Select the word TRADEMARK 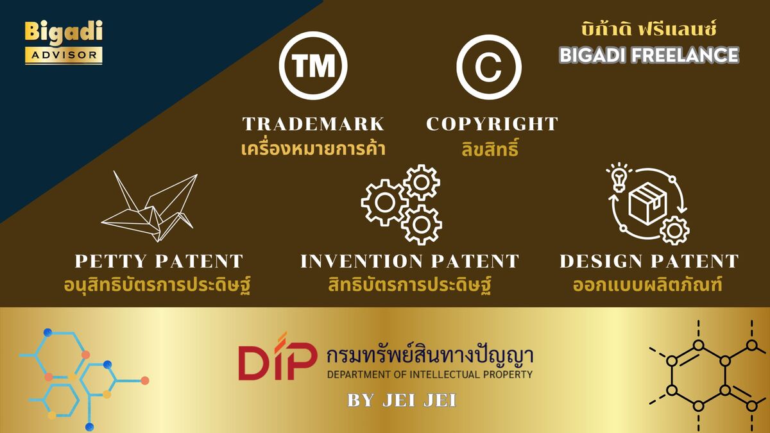[313, 124]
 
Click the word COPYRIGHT [492, 124]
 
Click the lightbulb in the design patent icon [619, 178]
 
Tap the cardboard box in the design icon [647, 203]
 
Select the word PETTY [111, 261]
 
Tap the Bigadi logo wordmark [64, 33]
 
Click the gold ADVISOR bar [64, 55]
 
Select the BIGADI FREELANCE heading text [649, 55]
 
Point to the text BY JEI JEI [402, 400]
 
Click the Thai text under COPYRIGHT [490, 149]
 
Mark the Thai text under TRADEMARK [313, 149]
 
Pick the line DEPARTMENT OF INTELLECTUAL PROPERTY [430, 374]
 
